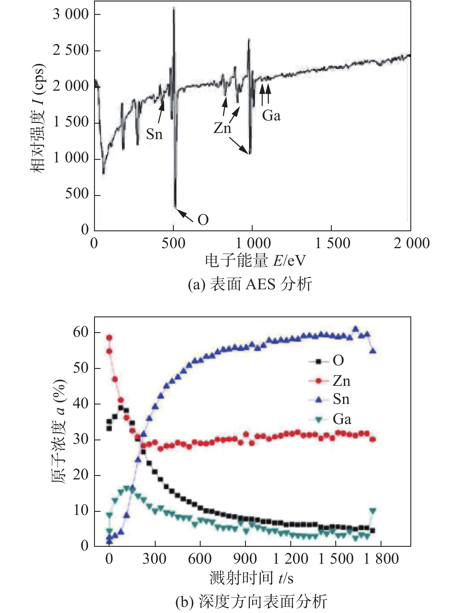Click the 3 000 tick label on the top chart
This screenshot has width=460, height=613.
pyautogui.click(x=70, y=14)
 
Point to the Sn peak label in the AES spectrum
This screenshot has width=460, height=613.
pyautogui.click(x=154, y=134)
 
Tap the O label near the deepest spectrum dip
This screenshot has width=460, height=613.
pyautogui.click(x=203, y=220)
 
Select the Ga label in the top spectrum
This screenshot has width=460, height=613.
pyautogui.click(x=271, y=116)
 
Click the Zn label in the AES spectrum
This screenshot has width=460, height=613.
pyautogui.click(x=222, y=128)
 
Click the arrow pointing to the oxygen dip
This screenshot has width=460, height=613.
pyautogui.click(x=185, y=215)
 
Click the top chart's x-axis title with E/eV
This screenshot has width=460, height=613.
pyautogui.click(x=255, y=260)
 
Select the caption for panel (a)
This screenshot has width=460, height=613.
pyautogui.click(x=250, y=284)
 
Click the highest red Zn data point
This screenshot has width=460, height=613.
pyautogui.click(x=109, y=338)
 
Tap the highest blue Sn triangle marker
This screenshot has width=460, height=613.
pyautogui.click(x=355, y=329)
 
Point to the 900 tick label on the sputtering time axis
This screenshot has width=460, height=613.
pyautogui.click(x=245, y=559)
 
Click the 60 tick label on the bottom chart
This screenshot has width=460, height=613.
pyautogui.click(x=81, y=332)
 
